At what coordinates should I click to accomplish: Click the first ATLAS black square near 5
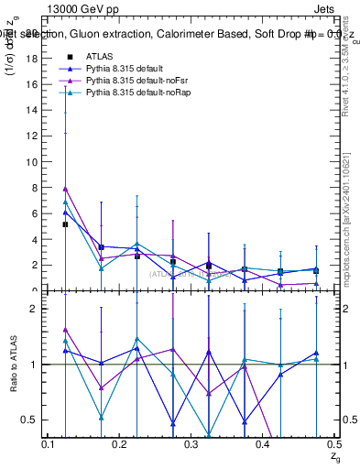point(65,224)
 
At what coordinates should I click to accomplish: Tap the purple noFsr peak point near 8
point(65,189)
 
